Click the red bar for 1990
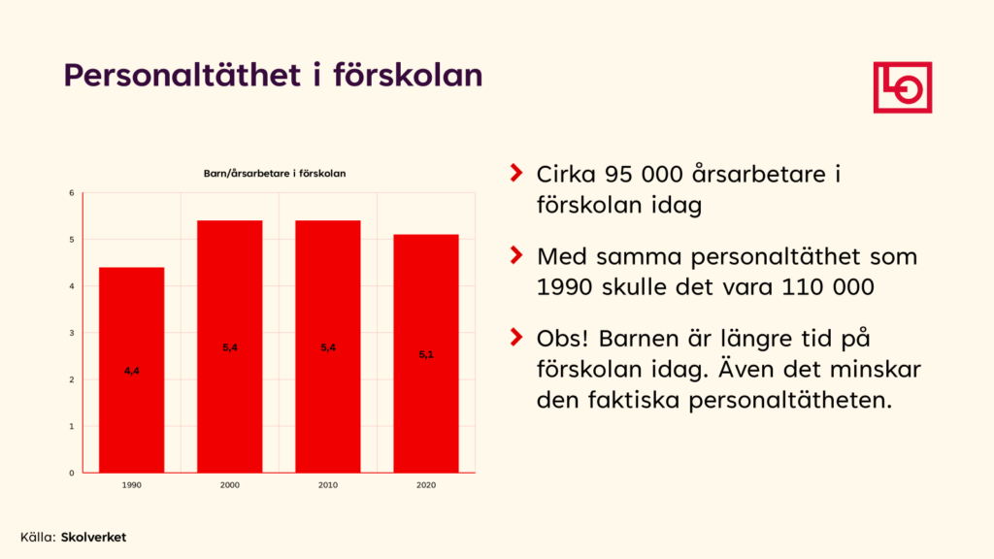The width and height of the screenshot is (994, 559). click(x=132, y=370)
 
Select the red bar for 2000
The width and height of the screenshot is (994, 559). click(x=229, y=346)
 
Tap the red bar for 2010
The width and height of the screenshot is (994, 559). click(x=328, y=346)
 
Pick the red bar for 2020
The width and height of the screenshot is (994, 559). click(x=426, y=353)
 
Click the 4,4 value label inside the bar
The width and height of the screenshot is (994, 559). click(x=132, y=371)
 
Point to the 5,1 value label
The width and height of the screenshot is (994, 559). click(x=426, y=354)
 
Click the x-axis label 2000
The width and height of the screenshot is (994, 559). click(x=229, y=485)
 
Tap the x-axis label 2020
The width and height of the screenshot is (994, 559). click(x=426, y=485)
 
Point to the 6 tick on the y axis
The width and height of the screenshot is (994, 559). click(x=72, y=193)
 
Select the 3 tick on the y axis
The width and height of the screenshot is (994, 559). click(x=72, y=333)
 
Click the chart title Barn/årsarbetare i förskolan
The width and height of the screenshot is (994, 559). click(x=275, y=173)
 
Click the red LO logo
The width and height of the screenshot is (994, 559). click(x=903, y=87)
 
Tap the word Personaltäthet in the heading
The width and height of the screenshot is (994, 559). click(x=182, y=75)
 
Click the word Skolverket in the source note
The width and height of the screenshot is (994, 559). click(x=93, y=537)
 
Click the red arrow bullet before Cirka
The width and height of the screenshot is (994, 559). click(x=516, y=173)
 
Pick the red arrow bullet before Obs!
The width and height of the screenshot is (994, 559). click(x=516, y=337)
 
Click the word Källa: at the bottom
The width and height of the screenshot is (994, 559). click(x=38, y=537)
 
